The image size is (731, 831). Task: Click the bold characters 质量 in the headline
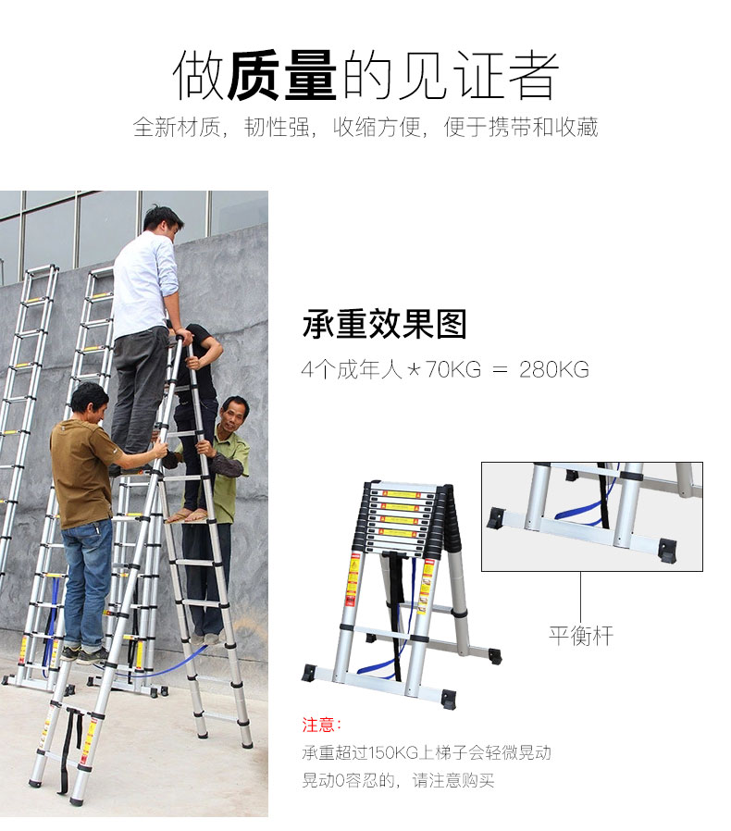click(x=281, y=75)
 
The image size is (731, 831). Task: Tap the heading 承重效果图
click(x=384, y=324)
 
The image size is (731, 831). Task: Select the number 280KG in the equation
click(x=554, y=369)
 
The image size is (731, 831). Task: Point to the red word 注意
click(x=317, y=725)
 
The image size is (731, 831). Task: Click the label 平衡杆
click(x=580, y=636)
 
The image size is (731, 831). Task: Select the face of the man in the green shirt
click(x=232, y=417)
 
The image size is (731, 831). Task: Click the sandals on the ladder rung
click(x=187, y=515)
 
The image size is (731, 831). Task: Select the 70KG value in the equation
click(x=453, y=369)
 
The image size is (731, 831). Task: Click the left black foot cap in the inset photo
click(x=496, y=518)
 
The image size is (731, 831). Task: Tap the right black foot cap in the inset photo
click(x=667, y=549)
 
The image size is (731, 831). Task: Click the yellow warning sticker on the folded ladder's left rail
click(x=352, y=580)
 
